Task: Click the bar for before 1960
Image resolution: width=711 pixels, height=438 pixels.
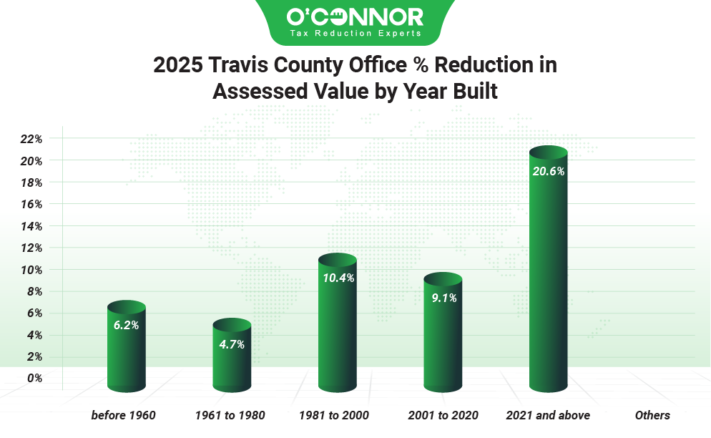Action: tap(126, 351)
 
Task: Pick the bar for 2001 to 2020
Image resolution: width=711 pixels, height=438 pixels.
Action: tap(443, 336)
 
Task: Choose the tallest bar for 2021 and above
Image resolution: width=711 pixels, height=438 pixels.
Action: tap(548, 272)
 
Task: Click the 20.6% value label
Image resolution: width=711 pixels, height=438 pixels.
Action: tap(548, 171)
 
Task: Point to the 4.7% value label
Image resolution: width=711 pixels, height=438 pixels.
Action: tap(232, 344)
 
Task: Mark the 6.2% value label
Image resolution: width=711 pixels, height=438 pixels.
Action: tap(126, 325)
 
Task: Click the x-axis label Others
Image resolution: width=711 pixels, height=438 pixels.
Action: tap(652, 415)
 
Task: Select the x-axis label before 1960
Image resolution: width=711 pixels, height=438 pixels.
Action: tap(123, 415)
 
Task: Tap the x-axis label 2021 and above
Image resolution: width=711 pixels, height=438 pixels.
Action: tap(548, 415)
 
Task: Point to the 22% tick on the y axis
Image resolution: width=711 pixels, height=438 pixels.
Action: tap(31, 139)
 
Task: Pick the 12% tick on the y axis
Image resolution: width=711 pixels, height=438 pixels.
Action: tap(31, 248)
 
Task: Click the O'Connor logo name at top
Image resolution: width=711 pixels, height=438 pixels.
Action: tap(355, 17)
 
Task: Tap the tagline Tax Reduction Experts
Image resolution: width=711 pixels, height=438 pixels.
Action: tap(355, 34)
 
